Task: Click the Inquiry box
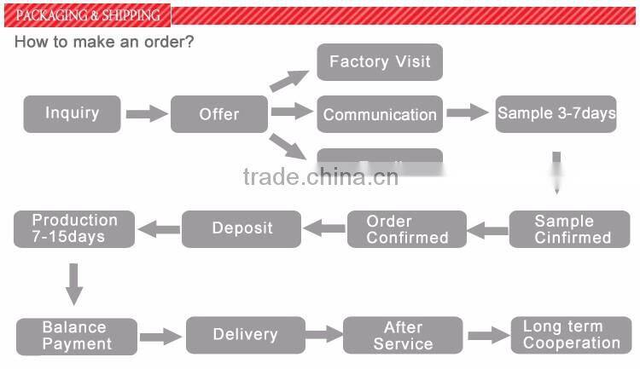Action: click(73, 113)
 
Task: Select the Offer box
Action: click(219, 114)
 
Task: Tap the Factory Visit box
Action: click(380, 62)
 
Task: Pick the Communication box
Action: click(380, 114)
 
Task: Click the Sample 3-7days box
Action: click(556, 113)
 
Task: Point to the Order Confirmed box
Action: click(407, 229)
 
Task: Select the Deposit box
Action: click(242, 228)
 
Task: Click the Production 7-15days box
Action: click(74, 228)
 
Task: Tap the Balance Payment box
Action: click(77, 336)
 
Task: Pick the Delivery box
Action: click(245, 335)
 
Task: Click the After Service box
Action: click(403, 335)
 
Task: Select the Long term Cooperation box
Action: click(571, 335)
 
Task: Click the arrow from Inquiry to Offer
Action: click(146, 113)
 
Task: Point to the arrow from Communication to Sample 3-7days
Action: click(467, 112)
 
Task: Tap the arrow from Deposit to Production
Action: click(160, 228)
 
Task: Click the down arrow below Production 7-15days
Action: click(74, 283)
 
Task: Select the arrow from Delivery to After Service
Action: click(323, 335)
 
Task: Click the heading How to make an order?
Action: click(104, 42)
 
